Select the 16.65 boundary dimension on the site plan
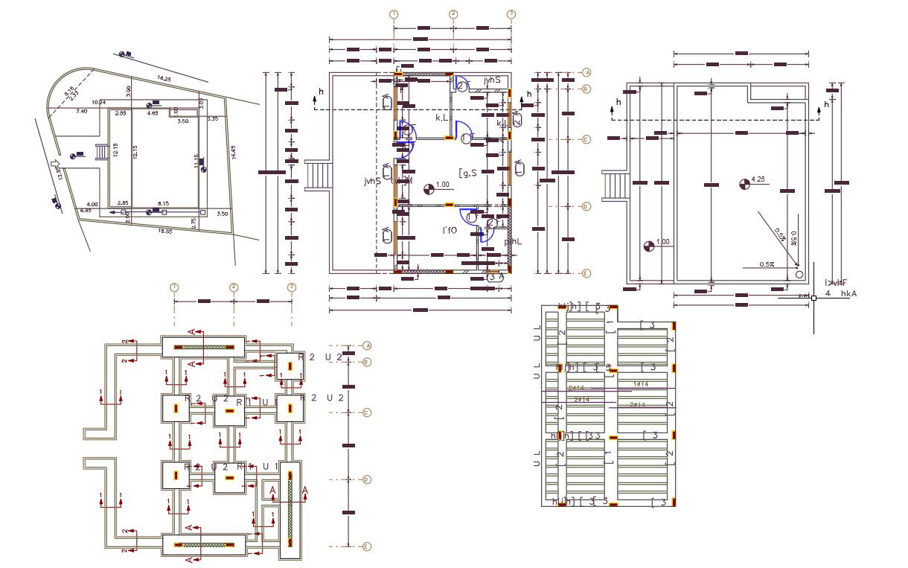233,152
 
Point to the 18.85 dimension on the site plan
165,231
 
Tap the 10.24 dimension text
98,102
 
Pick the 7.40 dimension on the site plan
82,111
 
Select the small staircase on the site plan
101,152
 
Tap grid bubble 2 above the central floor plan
453,14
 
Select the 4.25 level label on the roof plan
758,179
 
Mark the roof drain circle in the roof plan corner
799,275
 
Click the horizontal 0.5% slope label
767,264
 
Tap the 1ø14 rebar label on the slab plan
639,383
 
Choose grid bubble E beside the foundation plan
366,546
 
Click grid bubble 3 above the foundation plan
292,287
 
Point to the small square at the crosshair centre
813,298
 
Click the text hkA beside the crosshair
848,294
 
